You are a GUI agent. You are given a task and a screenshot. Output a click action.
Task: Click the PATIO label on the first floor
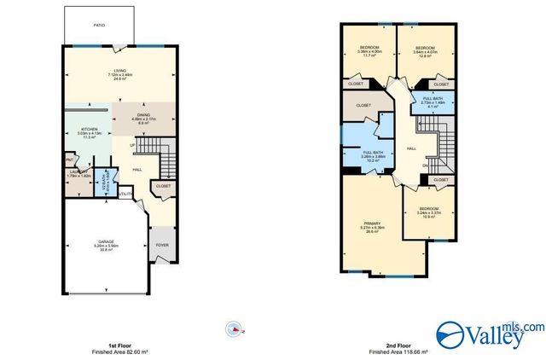(x=100, y=24)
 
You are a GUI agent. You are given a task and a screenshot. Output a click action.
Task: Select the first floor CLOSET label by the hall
(x=162, y=185)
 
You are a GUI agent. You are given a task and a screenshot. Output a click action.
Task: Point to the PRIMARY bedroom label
(x=370, y=226)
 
